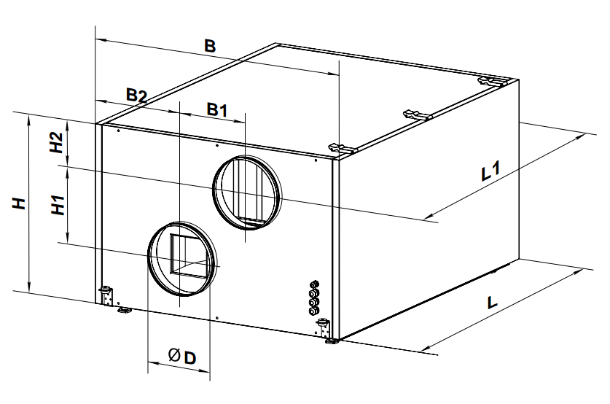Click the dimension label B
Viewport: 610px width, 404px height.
(210, 46)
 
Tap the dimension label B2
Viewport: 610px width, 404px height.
(136, 96)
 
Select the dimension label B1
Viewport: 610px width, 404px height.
(216, 110)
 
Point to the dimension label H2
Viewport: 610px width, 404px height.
(57, 142)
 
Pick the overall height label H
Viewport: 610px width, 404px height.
(19, 203)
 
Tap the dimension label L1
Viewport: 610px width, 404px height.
(490, 171)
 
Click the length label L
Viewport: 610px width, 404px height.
(492, 303)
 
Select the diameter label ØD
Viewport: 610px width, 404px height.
(182, 356)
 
